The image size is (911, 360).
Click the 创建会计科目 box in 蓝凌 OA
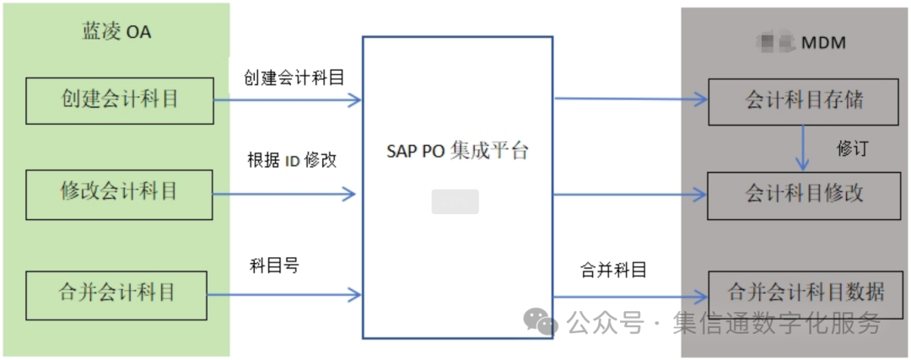point(120,100)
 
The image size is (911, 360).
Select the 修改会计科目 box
point(119,194)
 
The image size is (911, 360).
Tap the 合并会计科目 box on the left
point(117,294)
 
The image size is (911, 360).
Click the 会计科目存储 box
point(804,102)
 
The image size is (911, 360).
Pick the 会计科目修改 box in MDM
point(804,195)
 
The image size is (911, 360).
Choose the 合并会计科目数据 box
point(805,293)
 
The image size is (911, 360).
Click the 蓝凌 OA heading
point(116,33)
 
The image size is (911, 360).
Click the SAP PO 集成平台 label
point(457,153)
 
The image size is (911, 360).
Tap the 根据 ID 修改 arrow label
point(292,160)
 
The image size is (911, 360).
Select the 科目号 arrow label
point(274,266)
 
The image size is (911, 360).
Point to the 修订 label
point(851,148)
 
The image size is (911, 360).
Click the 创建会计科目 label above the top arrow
point(294,78)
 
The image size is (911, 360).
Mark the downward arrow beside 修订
point(804,148)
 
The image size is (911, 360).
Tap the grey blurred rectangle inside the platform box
point(455,201)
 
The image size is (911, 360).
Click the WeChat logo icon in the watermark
point(540,320)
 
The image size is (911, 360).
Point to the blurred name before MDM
point(775,41)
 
